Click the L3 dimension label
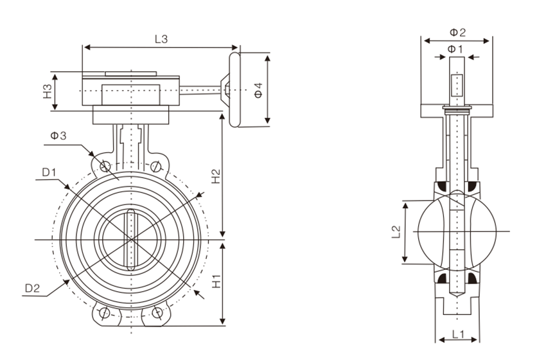pyautogui.click(x=161, y=39)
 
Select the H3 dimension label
pyautogui.click(x=48, y=92)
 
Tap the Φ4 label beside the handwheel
pyautogui.click(x=258, y=90)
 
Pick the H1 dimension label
pyautogui.click(x=216, y=281)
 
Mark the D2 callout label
pyautogui.click(x=33, y=289)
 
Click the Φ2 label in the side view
pyautogui.click(x=457, y=32)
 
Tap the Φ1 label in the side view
pyautogui.click(x=455, y=49)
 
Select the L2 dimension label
pyautogui.click(x=396, y=233)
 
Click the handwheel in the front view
pyautogui.click(x=233, y=90)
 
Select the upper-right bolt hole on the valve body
pyautogui.click(x=157, y=166)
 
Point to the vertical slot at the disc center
pyautogui.click(x=131, y=239)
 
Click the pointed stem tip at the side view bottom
pyautogui.click(x=456, y=295)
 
